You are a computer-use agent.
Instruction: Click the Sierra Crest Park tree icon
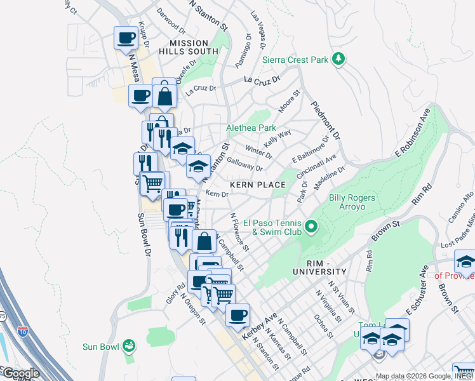(x=339, y=59)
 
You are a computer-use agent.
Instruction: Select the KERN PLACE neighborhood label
(x=257, y=184)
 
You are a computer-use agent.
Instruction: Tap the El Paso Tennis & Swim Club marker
(x=311, y=226)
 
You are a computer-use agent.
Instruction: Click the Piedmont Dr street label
(x=325, y=120)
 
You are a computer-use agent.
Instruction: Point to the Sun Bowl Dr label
(x=143, y=235)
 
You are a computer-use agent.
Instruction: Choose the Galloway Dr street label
(x=244, y=164)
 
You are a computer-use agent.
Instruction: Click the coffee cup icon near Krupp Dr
(x=126, y=37)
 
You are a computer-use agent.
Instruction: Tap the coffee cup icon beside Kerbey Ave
(x=237, y=315)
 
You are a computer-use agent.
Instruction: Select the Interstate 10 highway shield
(x=23, y=331)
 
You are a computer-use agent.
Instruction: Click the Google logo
(x=20, y=373)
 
